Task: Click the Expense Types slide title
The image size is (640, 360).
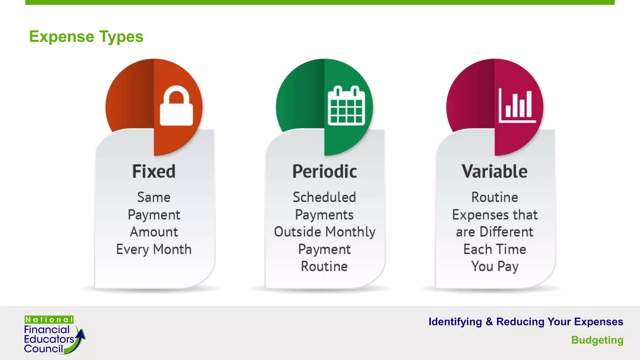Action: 86,37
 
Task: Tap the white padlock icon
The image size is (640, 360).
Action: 176,106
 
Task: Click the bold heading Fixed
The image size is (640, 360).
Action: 154,172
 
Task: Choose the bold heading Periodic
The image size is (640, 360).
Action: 324,172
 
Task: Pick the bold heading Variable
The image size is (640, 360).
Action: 495,172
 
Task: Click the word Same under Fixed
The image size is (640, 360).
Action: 154,197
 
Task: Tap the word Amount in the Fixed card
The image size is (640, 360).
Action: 154,232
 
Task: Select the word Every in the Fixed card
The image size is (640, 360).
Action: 132,250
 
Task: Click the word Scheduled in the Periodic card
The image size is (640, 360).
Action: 324,197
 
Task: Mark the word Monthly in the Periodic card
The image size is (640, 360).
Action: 350,232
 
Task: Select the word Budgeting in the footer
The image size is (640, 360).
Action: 597,340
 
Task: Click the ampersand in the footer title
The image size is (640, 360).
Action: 489,322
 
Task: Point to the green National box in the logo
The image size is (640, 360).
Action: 49,320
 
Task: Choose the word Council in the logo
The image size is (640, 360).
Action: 43,349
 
